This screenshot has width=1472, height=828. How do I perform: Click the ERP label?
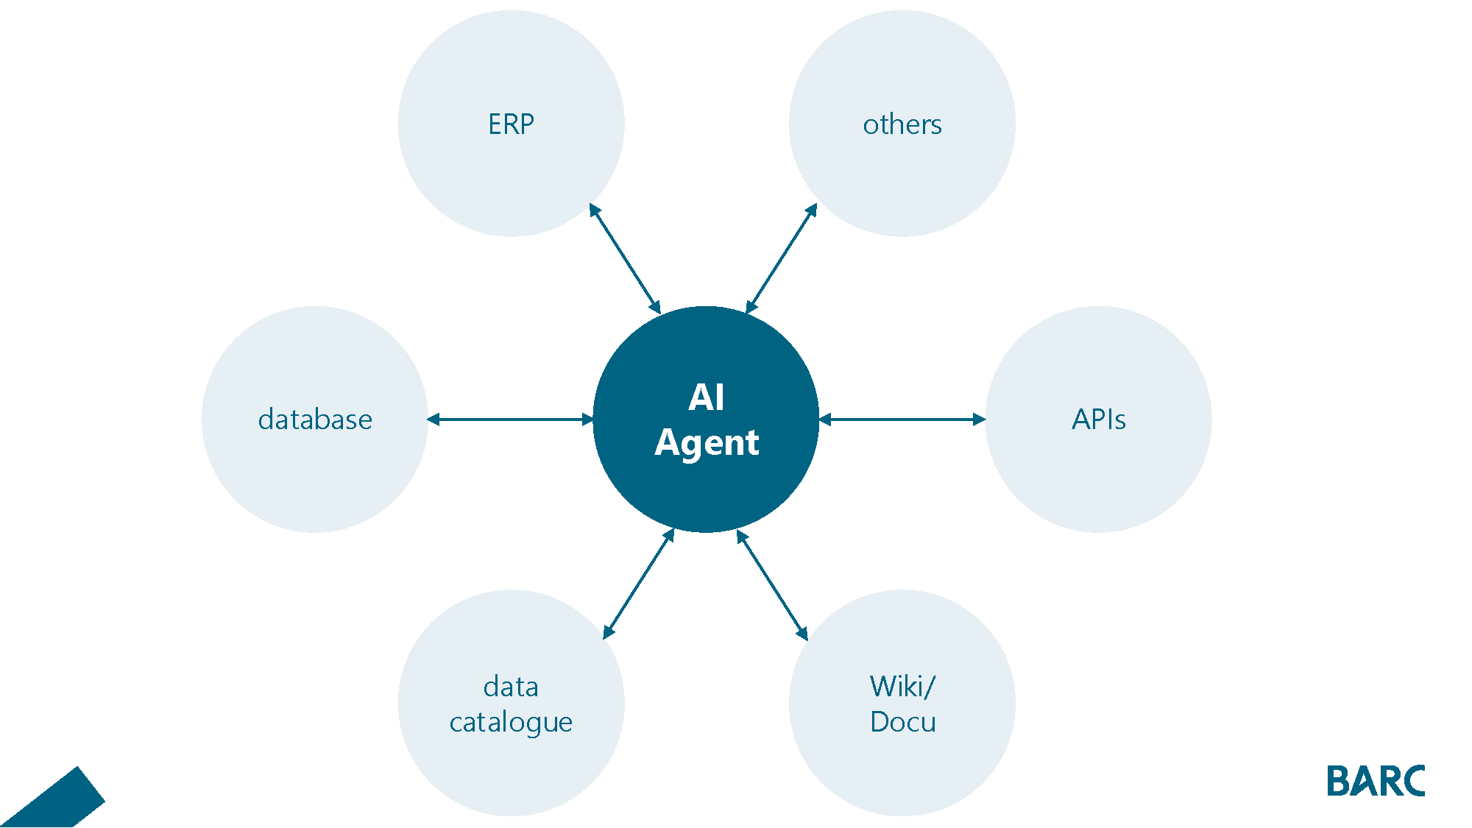[x=511, y=124]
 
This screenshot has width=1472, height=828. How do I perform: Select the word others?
[x=902, y=124]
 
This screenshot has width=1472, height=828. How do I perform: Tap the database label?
[x=315, y=420]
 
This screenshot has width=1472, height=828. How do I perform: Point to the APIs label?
[x=1098, y=420]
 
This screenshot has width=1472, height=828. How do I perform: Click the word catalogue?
[x=511, y=722]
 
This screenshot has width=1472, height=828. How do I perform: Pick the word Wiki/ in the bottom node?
[x=902, y=687]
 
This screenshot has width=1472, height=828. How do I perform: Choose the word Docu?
[x=902, y=722]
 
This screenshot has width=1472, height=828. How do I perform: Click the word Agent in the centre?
[x=707, y=442]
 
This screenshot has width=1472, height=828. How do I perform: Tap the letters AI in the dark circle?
[x=707, y=397]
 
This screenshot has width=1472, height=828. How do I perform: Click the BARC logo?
[x=1376, y=781]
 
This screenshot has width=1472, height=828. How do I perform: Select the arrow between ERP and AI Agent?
[x=625, y=259]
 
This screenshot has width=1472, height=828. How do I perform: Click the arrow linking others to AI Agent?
[x=782, y=259]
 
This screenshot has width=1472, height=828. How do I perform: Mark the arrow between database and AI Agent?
[x=511, y=420]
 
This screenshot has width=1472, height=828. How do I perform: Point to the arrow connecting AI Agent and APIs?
[x=902, y=420]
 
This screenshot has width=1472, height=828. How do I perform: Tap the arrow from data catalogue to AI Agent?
[x=639, y=584]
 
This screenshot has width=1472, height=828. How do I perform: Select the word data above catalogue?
[x=511, y=687]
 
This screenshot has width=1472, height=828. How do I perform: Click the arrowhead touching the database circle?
[x=434, y=420]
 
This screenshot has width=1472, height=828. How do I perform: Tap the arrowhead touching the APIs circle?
[x=979, y=420]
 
